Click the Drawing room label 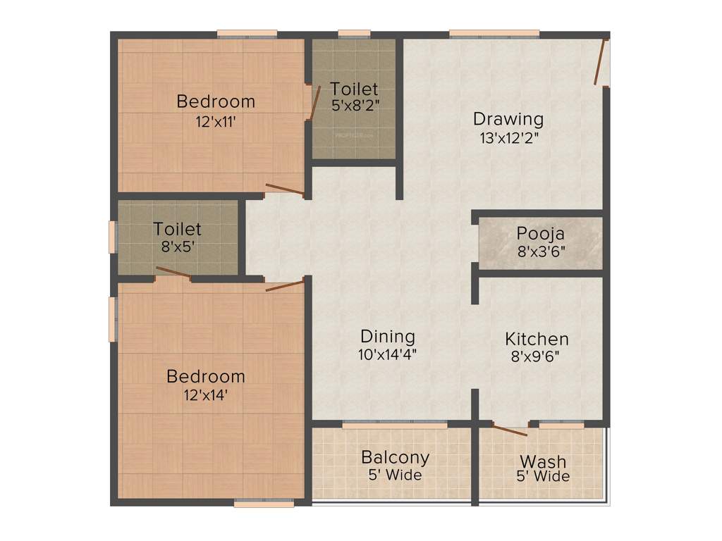(508, 118)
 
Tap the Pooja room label (540, 233)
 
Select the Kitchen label (537, 339)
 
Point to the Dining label (387, 337)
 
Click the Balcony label (395, 456)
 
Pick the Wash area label (543, 461)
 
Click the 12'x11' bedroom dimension (215, 120)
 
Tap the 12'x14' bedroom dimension (206, 395)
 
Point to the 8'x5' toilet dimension (178, 247)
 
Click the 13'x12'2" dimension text (508, 137)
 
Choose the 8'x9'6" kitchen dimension (537, 356)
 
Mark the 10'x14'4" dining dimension (387, 355)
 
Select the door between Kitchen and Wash (509, 430)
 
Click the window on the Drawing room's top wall (494, 33)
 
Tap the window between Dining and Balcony (394, 425)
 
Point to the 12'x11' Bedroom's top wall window (246, 33)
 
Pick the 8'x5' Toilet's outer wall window (111, 237)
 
